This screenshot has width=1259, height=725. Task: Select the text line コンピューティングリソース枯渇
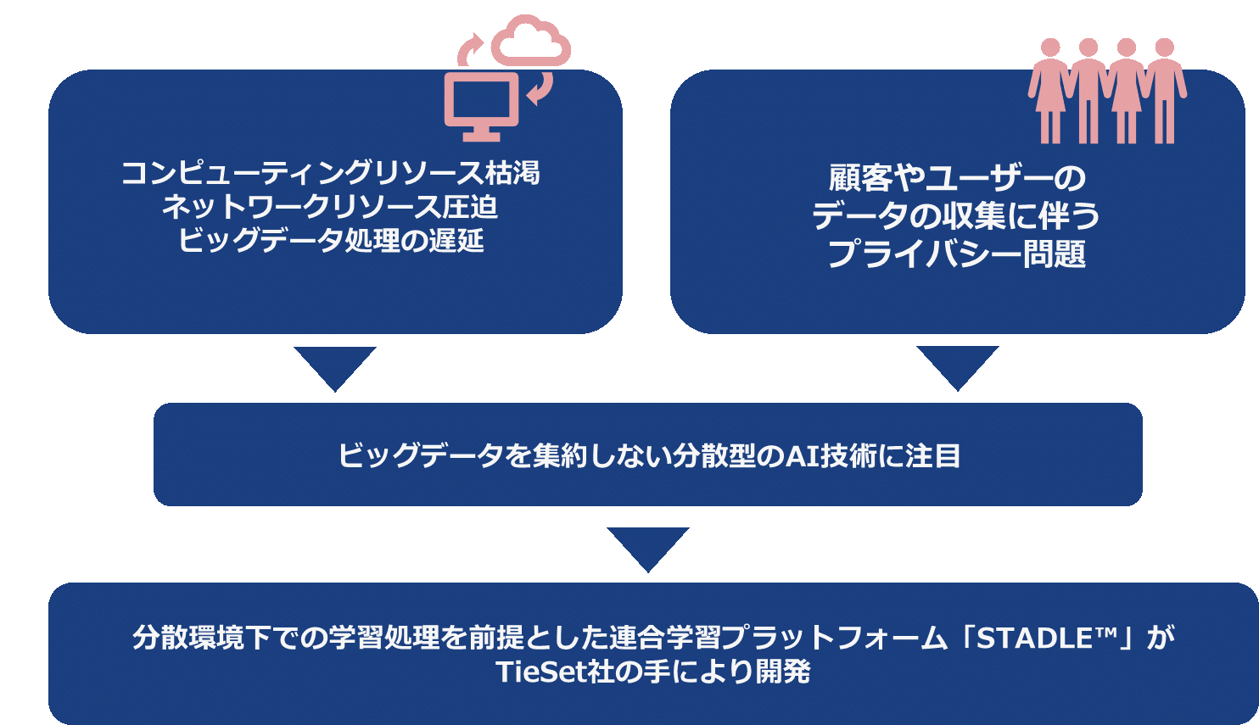(x=330, y=173)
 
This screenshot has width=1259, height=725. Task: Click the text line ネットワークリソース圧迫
(x=330, y=207)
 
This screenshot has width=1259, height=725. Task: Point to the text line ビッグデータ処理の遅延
(x=331, y=240)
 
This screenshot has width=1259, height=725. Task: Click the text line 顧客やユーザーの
(x=957, y=178)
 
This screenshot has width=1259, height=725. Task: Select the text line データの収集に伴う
(x=956, y=215)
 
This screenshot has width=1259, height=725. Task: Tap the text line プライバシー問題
(x=956, y=254)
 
